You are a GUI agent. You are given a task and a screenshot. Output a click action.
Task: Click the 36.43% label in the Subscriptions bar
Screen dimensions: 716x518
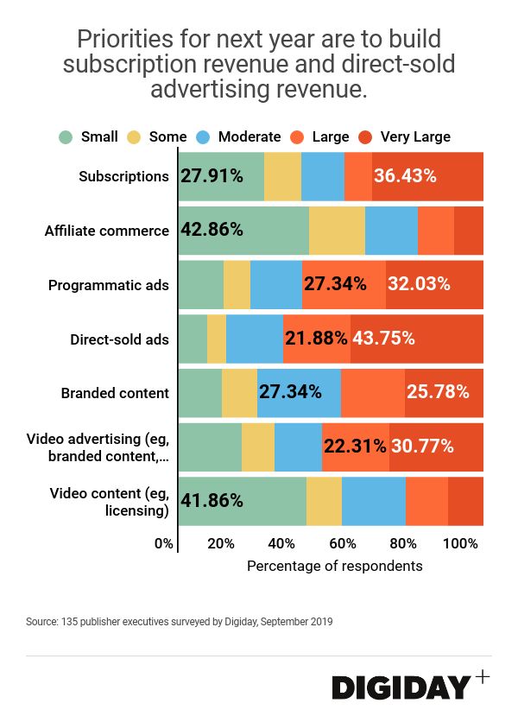(405, 176)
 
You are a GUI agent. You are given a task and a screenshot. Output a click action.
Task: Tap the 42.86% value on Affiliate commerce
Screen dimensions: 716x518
(212, 231)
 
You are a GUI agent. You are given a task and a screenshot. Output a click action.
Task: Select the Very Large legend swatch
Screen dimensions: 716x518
(365, 136)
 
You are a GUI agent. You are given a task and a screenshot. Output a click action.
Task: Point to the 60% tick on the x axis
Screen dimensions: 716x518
(343, 543)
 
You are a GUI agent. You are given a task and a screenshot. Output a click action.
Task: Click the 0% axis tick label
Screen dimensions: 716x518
(163, 543)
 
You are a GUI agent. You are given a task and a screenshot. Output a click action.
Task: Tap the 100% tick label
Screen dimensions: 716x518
(461, 543)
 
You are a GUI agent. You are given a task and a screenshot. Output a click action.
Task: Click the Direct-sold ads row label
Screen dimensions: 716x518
(119, 339)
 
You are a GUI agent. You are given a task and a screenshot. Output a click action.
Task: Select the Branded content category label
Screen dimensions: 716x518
(115, 393)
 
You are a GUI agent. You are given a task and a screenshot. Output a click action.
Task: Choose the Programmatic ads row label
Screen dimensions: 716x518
(109, 285)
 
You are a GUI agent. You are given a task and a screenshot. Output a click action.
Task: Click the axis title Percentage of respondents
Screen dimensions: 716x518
(335, 566)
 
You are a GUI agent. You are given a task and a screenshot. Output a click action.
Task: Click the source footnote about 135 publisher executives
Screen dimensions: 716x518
(180, 622)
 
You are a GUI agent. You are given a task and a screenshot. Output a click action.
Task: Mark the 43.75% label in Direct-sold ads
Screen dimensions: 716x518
(383, 339)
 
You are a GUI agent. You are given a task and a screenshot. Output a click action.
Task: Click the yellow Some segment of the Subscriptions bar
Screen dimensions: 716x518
(282, 176)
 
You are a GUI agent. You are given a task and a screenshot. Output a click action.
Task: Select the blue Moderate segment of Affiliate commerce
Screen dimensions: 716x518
(391, 231)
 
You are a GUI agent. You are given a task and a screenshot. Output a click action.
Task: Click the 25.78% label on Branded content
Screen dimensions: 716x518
(438, 392)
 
